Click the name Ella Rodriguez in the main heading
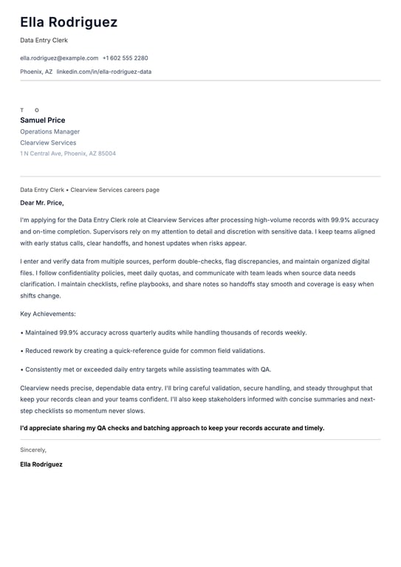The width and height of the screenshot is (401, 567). point(69,23)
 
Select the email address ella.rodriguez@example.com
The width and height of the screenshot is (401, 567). point(59,58)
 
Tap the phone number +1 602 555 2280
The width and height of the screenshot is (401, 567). point(125,58)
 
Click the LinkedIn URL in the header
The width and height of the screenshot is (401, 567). point(104,72)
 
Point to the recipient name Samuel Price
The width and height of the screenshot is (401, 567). point(42,120)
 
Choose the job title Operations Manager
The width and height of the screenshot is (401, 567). point(49,131)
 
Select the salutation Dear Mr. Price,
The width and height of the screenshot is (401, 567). point(42,202)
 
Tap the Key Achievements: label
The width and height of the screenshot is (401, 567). point(48,314)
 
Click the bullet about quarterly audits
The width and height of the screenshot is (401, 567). point(163,332)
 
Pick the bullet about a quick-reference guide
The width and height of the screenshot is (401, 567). point(143,351)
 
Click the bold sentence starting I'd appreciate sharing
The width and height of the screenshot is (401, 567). point(172,427)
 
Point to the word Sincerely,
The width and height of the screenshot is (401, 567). point(33,449)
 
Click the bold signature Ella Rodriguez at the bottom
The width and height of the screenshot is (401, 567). point(41,464)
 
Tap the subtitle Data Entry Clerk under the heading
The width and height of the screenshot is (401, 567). point(44,41)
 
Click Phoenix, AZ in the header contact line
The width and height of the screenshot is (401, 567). point(36,72)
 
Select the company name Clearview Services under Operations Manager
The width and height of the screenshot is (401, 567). point(48,142)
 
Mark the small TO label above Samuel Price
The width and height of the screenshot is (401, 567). point(30,110)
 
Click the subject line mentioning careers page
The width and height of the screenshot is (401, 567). point(89,190)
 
